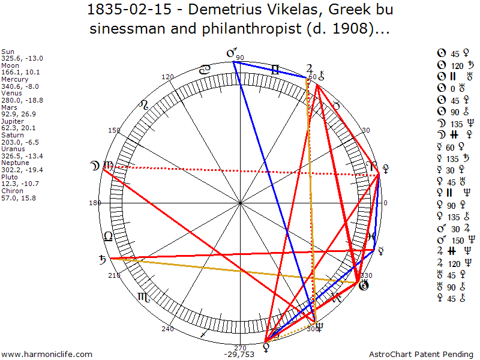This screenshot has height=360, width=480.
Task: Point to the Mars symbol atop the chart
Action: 231,53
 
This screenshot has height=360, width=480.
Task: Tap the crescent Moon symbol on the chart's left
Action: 95,165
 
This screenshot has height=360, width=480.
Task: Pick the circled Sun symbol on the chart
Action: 363,285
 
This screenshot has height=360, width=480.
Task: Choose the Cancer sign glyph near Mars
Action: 205,70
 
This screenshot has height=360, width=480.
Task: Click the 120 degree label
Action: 167,77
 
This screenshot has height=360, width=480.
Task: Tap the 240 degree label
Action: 167,328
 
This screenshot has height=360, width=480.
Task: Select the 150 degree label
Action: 114,130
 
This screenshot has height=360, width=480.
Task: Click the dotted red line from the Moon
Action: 240,171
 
